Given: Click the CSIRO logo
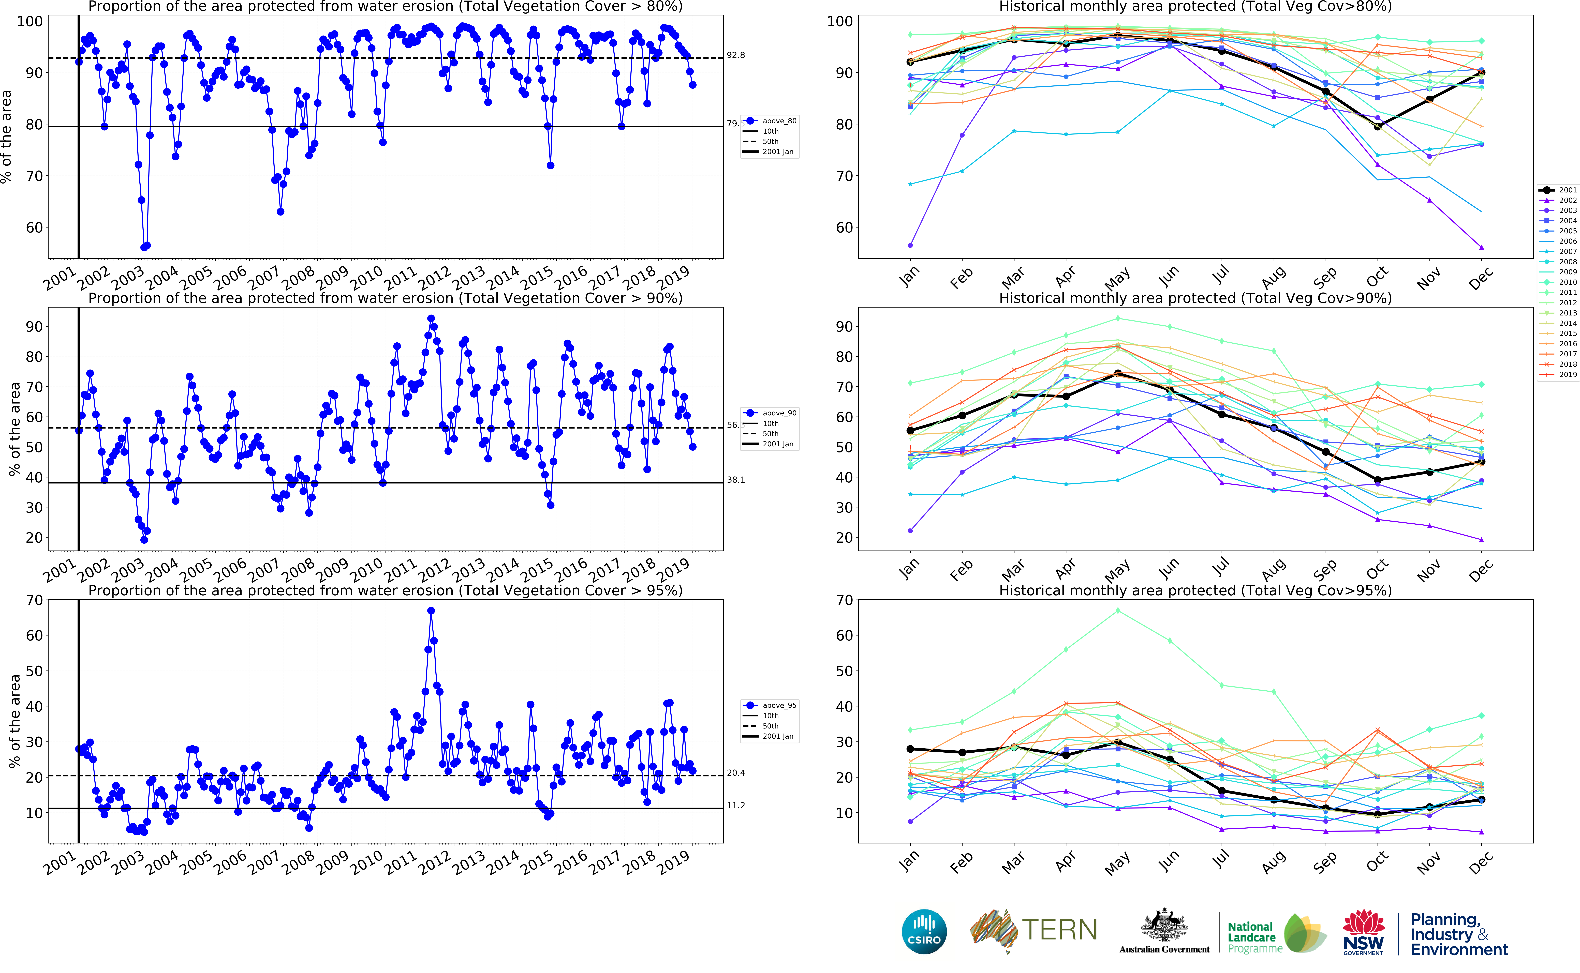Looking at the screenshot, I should (924, 931).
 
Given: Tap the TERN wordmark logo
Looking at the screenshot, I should (1059, 930).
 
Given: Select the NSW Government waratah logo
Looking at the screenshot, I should (1363, 931).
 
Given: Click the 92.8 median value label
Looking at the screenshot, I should (736, 55).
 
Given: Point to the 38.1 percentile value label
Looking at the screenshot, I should (736, 480).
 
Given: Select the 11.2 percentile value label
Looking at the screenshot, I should (736, 806).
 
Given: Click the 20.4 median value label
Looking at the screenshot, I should (736, 773).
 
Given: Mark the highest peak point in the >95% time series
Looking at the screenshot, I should (431, 611).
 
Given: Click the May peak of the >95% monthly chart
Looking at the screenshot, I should (1118, 611).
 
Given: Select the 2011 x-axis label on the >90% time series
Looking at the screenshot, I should (400, 569).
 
